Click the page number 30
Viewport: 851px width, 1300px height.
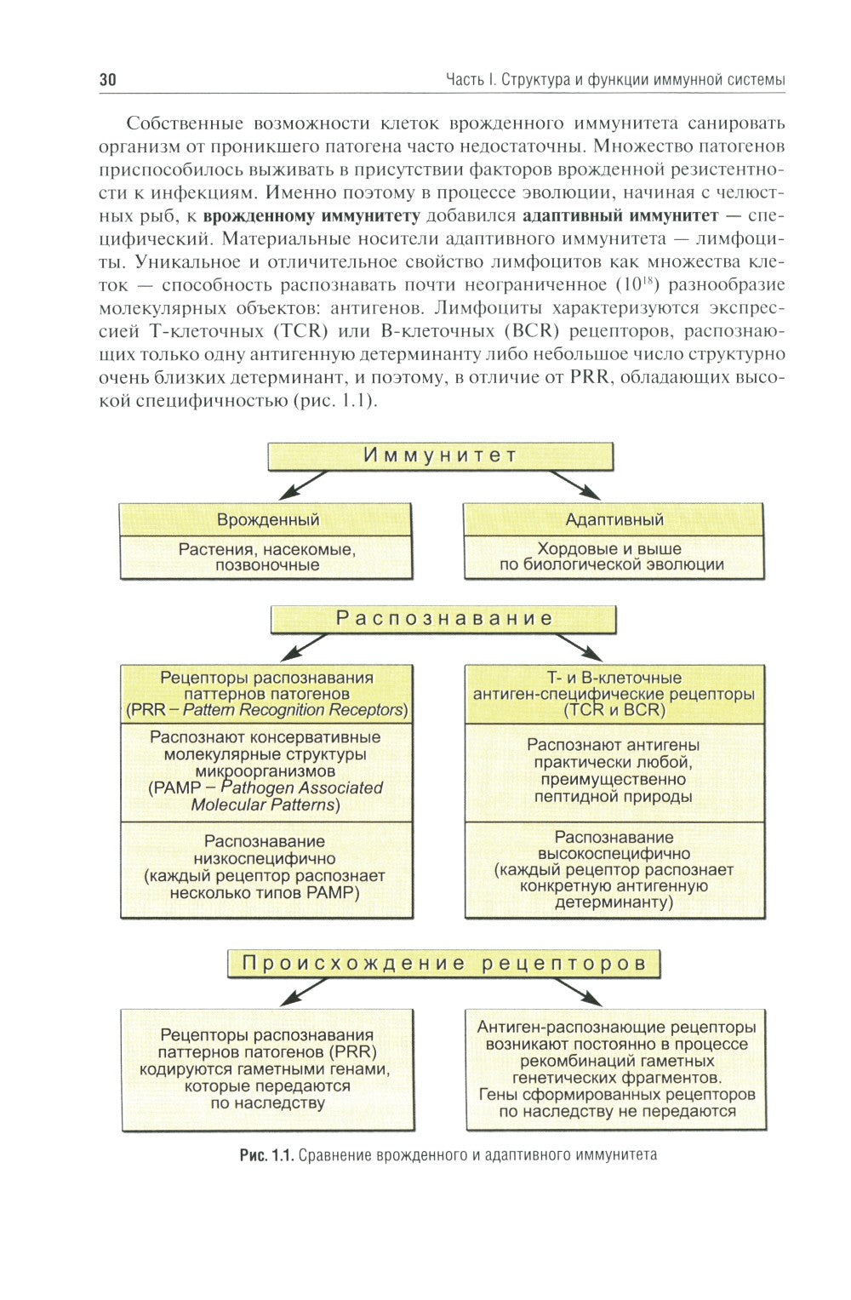tap(108, 80)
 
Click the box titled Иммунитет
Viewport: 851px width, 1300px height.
tap(440, 455)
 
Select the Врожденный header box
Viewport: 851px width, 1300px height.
tap(266, 519)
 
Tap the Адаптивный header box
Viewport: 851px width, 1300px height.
tap(614, 519)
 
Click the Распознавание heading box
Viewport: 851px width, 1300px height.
tap(443, 619)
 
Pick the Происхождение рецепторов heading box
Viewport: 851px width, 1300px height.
tap(443, 964)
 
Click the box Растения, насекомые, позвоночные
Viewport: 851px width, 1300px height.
tap(266, 558)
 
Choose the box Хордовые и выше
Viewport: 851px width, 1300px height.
tap(614, 558)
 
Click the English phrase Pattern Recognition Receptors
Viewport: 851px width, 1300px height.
tap(294, 710)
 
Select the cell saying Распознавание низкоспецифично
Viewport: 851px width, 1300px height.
tap(266, 868)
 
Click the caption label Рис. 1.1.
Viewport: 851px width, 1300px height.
tap(266, 1155)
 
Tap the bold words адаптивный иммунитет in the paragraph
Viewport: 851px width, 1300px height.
tap(620, 215)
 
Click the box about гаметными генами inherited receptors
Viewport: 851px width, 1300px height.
tap(266, 1069)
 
